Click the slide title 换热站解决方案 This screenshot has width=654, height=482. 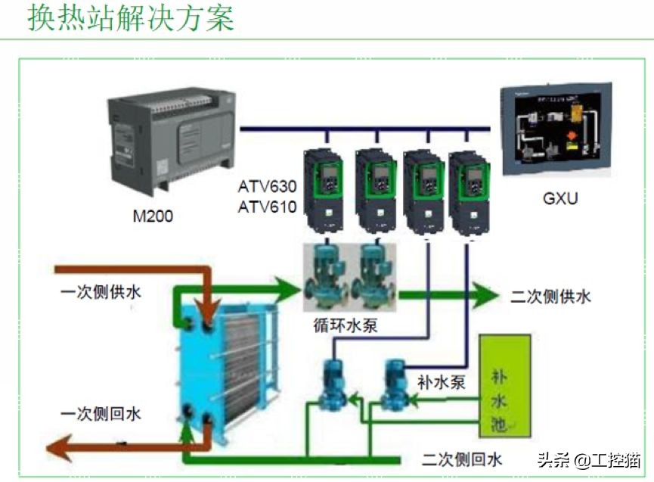tap(130, 18)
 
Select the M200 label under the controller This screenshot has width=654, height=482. tap(153, 216)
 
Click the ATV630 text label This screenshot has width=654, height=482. tap(267, 185)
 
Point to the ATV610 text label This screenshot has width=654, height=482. tap(267, 206)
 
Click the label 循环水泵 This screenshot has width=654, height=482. tap(346, 326)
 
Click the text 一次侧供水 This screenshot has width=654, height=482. tap(101, 293)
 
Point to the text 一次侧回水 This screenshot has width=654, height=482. tap(101, 414)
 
